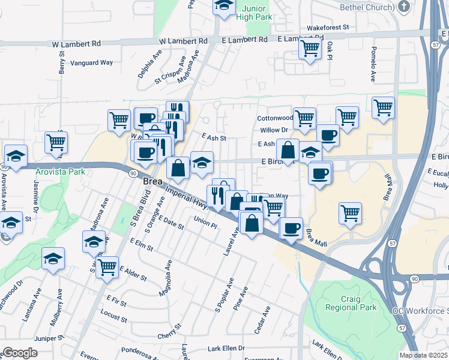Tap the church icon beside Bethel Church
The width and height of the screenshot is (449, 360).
pyautogui.click(x=404, y=7)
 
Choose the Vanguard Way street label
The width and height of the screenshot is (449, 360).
pyautogui.click(x=92, y=62)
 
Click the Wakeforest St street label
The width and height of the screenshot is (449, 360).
pyautogui.click(x=328, y=28)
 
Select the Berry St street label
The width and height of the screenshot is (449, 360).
pyautogui.click(x=62, y=62)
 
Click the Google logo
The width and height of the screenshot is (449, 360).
pyautogui.click(x=20, y=352)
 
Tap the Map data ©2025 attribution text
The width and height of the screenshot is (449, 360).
pyautogui.click(x=424, y=355)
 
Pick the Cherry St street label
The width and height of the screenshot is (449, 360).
pyautogui.click(x=169, y=329)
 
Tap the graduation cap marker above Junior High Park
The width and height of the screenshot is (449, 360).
pyautogui.click(x=223, y=6)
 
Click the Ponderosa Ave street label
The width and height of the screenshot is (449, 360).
pyautogui.click(x=137, y=348)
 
